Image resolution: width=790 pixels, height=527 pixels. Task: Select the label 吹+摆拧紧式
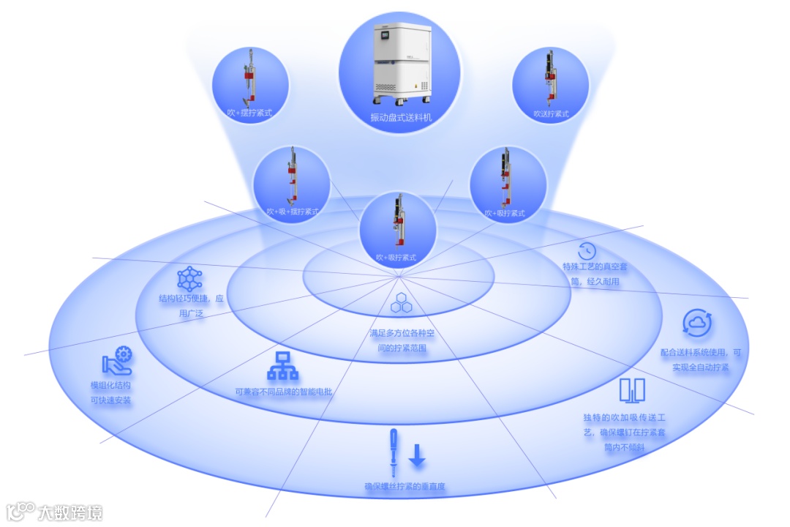[x=250, y=113]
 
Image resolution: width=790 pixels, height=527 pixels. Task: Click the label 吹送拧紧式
[x=551, y=113]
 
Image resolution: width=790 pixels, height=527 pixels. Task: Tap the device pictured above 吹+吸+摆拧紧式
[x=291, y=176]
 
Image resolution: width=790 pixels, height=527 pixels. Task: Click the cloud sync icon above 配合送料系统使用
[x=694, y=322]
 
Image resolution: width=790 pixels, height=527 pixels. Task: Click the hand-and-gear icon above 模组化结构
[x=118, y=362]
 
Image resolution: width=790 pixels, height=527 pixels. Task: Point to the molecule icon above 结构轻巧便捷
[x=189, y=279]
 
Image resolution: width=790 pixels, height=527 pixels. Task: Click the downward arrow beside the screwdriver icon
[x=416, y=455]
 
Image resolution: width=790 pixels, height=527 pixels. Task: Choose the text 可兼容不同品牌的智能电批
[x=284, y=392]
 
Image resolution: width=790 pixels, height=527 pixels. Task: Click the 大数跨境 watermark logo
[x=55, y=511]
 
